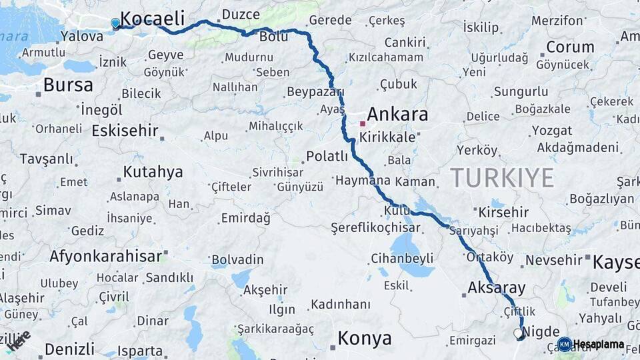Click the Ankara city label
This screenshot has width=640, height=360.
click(397, 115)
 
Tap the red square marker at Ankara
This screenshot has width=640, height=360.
click(363, 123)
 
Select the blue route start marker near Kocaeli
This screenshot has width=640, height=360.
click(115, 23)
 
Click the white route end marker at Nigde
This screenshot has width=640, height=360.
click(518, 333)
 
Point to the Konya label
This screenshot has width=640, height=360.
click(364, 339)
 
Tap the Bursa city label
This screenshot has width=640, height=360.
click(68, 85)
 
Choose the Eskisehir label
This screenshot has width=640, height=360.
click(125, 131)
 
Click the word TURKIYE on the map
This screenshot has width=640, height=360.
click(502, 178)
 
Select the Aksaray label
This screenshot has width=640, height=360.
click(497, 289)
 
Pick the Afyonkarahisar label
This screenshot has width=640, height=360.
click(105, 256)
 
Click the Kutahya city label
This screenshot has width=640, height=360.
click(153, 172)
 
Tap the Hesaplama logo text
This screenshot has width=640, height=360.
click(598, 345)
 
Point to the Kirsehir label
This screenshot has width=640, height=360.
click(503, 213)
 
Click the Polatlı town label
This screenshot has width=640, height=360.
click(327, 157)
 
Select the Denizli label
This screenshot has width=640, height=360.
click(69, 349)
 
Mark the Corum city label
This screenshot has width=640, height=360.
click(570, 47)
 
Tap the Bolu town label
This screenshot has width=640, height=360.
click(273, 37)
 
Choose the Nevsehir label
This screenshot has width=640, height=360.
click(554, 260)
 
